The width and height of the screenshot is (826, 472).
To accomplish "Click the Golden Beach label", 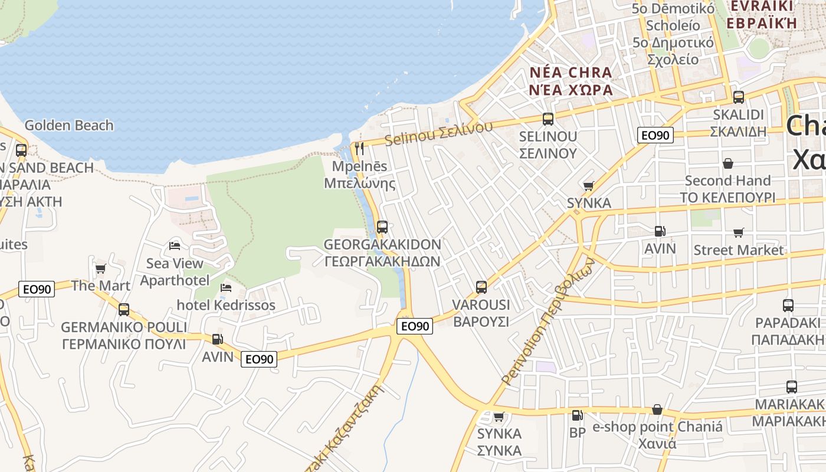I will click(x=69, y=125).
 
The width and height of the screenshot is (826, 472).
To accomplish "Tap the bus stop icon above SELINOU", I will click(x=548, y=119).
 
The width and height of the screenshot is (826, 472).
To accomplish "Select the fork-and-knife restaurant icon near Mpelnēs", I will click(x=359, y=148).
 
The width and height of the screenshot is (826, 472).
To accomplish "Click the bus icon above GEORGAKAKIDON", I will click(x=382, y=227).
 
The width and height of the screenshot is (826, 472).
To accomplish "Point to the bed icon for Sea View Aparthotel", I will click(x=175, y=245).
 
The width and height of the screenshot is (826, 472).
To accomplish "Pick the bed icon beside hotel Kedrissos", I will click(x=226, y=288).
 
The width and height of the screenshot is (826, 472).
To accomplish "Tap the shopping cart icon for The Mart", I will click(x=100, y=268).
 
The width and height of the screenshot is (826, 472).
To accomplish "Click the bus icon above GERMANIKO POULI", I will click(x=124, y=309).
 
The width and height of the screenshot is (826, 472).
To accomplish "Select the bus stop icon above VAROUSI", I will click(x=481, y=287).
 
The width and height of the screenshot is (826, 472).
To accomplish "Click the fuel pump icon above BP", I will click(x=578, y=415).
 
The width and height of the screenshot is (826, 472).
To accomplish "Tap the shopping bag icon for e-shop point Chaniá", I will click(x=657, y=409).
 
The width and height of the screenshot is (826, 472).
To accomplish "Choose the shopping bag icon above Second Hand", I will click(x=728, y=163).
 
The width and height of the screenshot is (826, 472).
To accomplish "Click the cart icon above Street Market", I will click(x=739, y=232).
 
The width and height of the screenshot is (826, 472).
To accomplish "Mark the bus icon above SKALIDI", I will click(x=739, y=97).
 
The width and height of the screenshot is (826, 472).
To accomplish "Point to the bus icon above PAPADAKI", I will click(x=788, y=306).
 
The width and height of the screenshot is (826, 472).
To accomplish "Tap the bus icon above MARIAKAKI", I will click(x=792, y=387).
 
